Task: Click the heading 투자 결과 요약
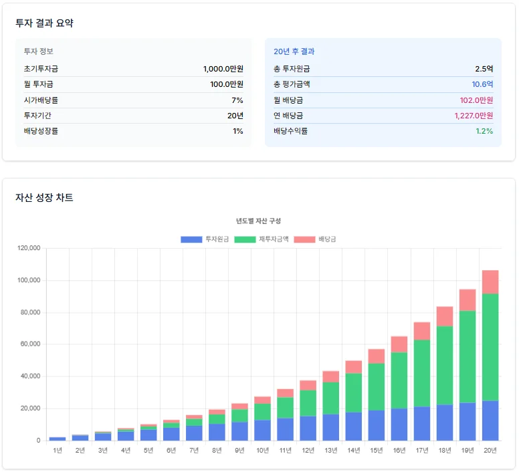44,23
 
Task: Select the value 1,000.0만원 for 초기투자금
223,69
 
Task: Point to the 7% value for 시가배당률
237,100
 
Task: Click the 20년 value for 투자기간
235,116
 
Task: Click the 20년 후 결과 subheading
294,51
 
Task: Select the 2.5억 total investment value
484,69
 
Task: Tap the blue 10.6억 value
482,84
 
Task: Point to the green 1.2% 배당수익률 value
484,131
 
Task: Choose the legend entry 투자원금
205,239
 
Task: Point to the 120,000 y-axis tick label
30,249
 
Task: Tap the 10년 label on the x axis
262,451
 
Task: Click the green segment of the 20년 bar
490,348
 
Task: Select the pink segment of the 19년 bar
468,300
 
